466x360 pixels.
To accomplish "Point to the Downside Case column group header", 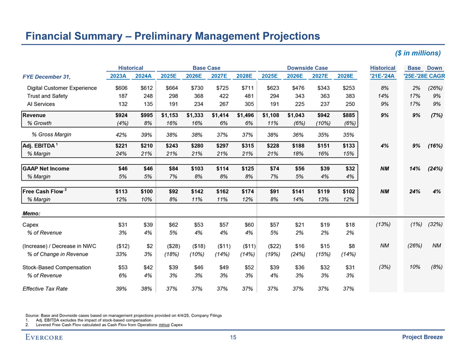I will tap(307, 68).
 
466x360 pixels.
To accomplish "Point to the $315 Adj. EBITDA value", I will tap(246, 145).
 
